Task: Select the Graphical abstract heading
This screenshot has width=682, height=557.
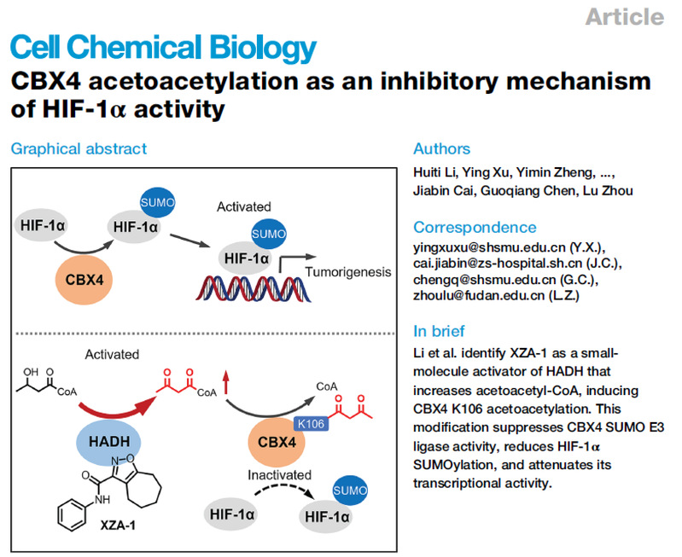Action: tap(79, 148)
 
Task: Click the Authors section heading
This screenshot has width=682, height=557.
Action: tap(441, 148)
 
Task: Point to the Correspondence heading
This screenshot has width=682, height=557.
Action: tap(475, 227)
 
